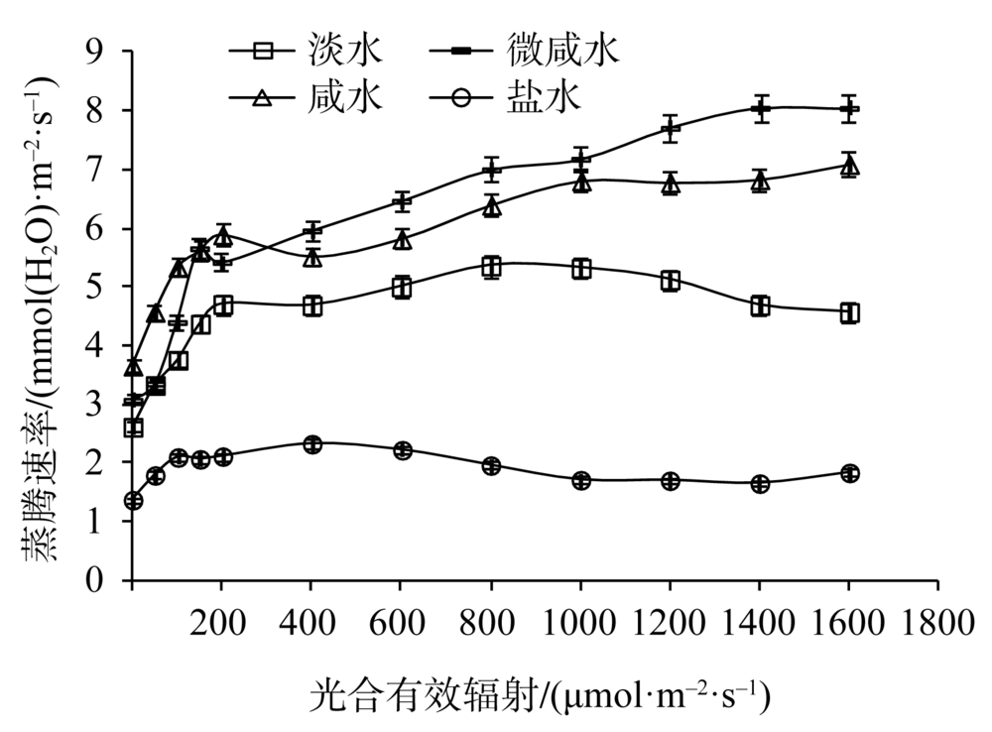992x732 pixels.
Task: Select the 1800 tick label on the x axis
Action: coord(937,624)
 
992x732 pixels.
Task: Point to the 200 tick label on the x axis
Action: coord(221,624)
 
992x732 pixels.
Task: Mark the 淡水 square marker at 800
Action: coord(491,267)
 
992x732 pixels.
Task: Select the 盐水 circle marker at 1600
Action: coord(849,473)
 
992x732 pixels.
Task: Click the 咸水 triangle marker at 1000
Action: coord(581,182)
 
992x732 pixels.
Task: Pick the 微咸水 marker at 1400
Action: coord(761,108)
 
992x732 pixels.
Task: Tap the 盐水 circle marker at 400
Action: coord(312,444)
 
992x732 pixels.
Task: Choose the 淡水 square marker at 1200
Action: coord(671,281)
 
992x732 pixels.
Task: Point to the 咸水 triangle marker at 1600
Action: coord(849,166)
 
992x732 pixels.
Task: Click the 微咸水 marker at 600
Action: coord(402,202)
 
